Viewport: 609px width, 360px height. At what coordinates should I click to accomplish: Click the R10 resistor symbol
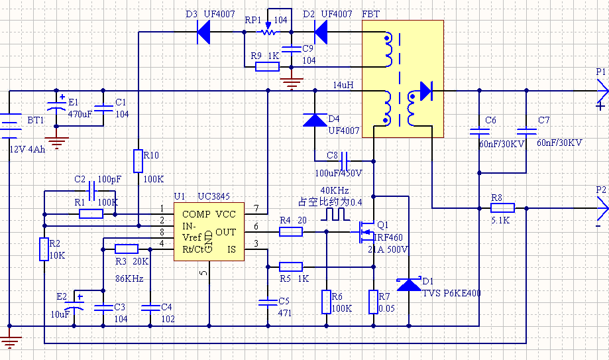point(138,161)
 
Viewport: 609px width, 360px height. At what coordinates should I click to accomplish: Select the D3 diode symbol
point(203,32)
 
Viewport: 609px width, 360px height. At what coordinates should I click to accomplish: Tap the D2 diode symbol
point(321,32)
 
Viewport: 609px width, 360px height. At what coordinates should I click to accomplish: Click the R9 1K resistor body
point(267,67)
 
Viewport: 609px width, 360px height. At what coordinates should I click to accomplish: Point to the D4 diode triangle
point(315,120)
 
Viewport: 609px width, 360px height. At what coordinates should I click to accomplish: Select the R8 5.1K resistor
point(502,208)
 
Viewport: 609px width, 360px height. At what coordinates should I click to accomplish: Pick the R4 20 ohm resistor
point(291,232)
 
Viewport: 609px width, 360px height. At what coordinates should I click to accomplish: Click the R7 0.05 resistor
point(373,302)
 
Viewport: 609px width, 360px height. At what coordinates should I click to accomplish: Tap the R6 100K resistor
point(326,302)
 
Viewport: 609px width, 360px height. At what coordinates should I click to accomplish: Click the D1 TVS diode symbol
point(409,284)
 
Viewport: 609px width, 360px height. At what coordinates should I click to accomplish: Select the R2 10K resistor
point(44,249)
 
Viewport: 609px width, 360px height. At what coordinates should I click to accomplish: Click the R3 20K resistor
point(127,249)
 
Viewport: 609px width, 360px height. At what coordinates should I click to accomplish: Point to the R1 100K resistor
point(91,214)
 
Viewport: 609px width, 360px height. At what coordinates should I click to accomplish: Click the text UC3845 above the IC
point(214,196)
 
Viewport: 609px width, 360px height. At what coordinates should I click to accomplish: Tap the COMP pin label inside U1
point(196,214)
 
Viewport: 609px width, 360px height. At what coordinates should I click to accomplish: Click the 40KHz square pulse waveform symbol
point(335,214)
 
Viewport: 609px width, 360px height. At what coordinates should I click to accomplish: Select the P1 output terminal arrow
point(602,91)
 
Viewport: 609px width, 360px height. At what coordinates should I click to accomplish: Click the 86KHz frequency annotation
point(129,278)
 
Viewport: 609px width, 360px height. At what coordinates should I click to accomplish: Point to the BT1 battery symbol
point(9,126)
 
